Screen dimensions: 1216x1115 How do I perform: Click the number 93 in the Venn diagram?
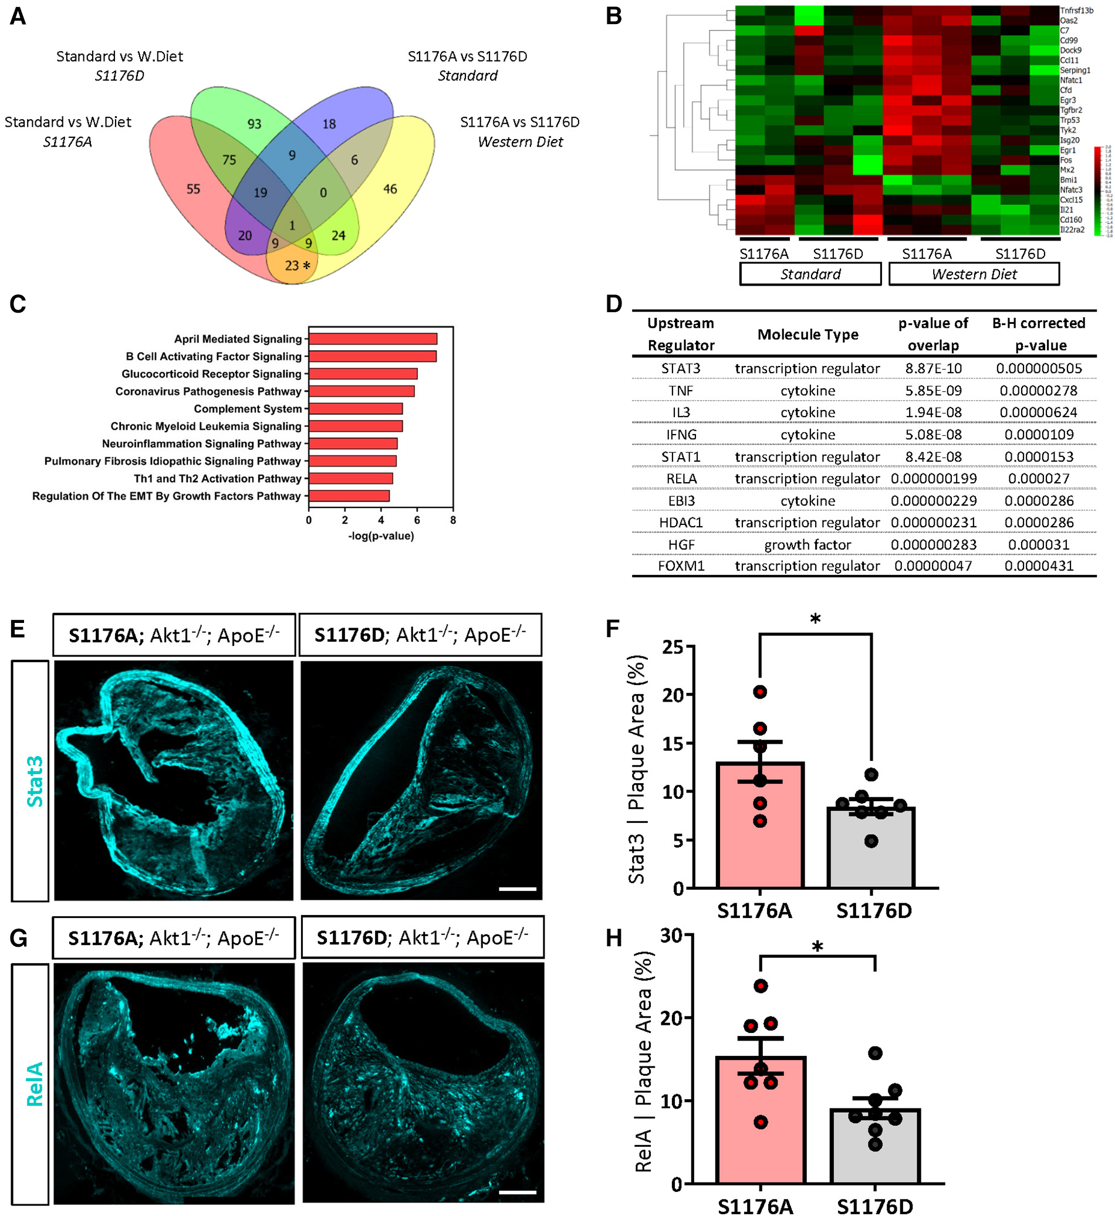254,124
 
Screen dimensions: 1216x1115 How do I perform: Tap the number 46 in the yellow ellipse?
390,189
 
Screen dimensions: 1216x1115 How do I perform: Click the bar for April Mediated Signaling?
372,339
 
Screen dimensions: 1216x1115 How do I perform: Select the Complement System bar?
356,409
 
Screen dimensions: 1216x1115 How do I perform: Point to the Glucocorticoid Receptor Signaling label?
211,374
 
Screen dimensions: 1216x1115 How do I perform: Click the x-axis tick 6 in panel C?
417,520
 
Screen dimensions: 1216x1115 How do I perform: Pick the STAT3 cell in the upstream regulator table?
681,368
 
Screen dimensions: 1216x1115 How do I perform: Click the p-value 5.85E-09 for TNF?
933,391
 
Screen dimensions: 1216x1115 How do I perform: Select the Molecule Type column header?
807,335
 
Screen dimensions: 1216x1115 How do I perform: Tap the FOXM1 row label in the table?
681,567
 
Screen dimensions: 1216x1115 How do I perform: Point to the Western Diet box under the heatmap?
973,275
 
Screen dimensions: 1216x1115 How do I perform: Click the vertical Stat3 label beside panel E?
35,781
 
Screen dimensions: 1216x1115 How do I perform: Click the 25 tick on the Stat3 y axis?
673,648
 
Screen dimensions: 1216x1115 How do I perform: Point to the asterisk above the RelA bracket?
817,947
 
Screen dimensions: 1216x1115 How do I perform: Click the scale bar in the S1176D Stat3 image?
517,889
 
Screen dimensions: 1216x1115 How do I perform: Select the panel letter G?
18,939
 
